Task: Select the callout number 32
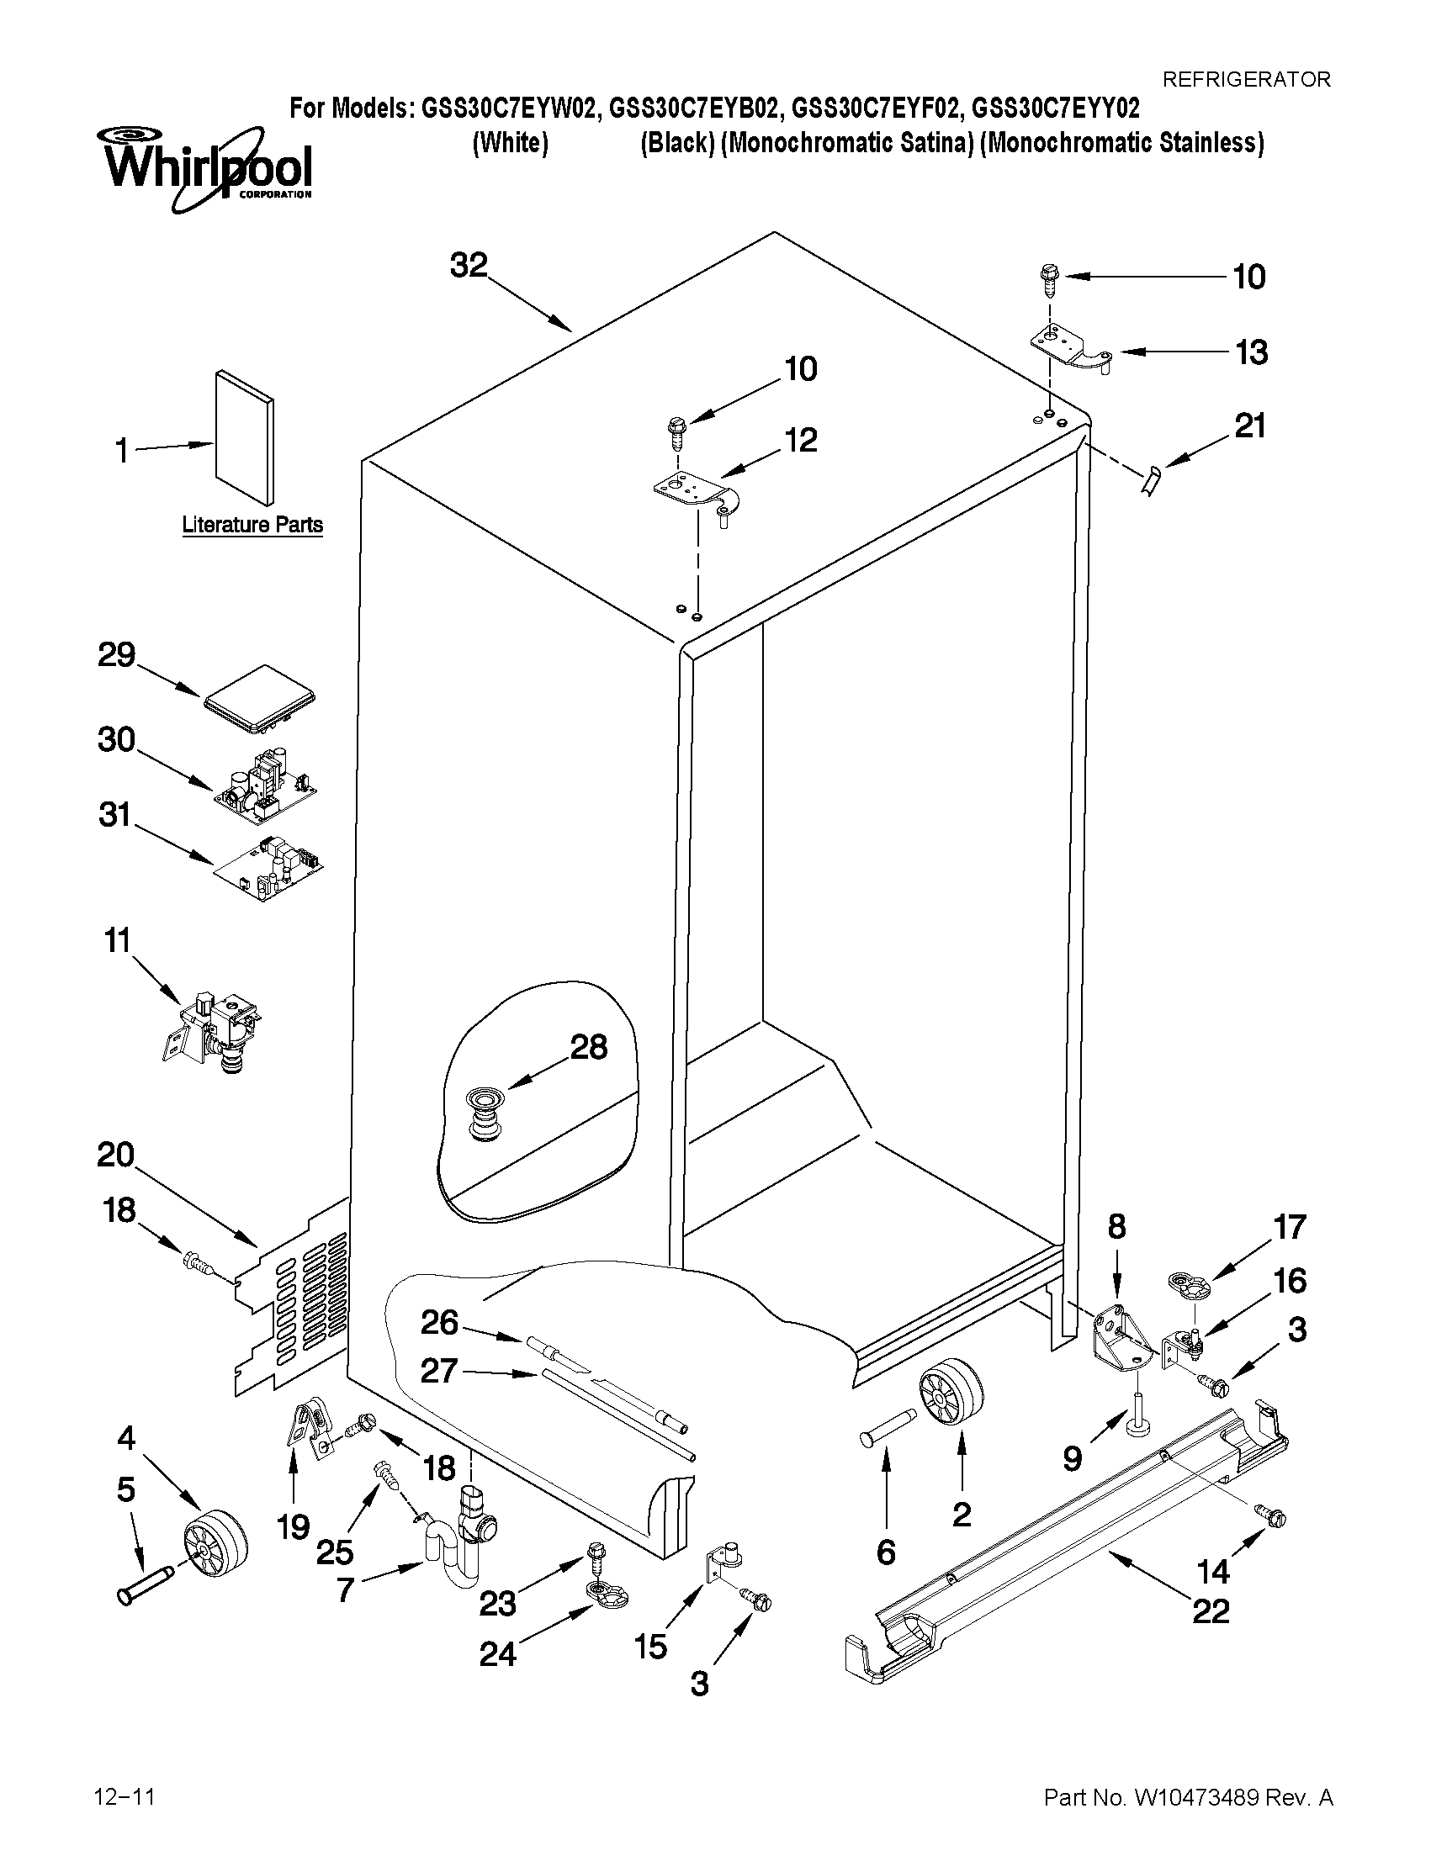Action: coord(469,265)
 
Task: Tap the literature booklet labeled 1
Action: coord(244,436)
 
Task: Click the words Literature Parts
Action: coord(252,525)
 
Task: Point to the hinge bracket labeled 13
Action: coord(1069,348)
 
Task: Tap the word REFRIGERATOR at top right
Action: coord(1245,80)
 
